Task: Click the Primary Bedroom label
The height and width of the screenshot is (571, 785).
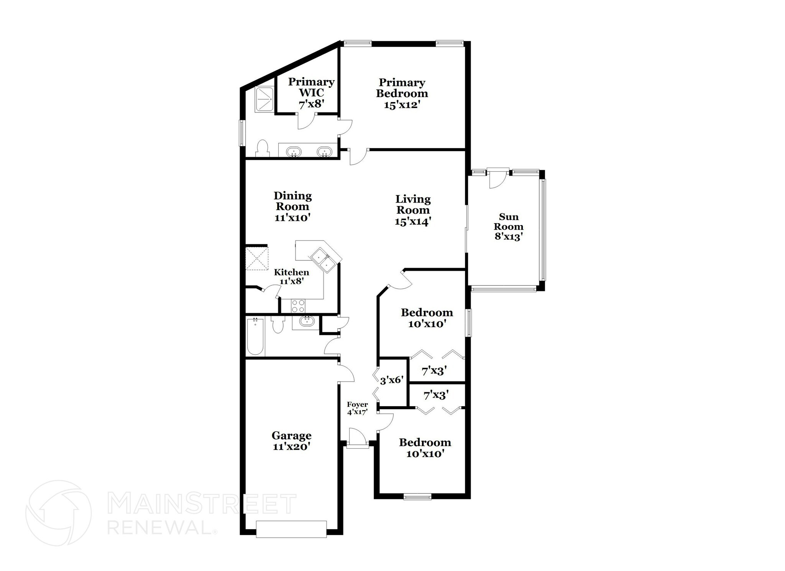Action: [402, 93]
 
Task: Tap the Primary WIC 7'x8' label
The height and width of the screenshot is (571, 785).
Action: [311, 92]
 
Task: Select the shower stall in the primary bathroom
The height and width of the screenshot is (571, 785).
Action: [264, 99]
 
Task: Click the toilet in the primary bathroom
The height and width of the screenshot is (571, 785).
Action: [263, 148]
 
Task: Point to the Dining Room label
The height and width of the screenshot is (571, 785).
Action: [292, 206]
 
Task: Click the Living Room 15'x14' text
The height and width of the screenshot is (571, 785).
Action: [413, 210]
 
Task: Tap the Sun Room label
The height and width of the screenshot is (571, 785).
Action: [509, 227]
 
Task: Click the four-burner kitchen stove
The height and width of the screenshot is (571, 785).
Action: [298, 306]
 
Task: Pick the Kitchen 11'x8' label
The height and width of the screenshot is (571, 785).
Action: [291, 276]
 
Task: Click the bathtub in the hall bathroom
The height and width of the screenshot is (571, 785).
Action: [255, 336]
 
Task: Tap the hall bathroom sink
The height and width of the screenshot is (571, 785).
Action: [305, 322]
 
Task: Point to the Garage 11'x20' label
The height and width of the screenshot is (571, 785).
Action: [291, 441]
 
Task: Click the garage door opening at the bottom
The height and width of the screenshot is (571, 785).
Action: [291, 529]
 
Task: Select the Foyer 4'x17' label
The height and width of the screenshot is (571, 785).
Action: [357, 408]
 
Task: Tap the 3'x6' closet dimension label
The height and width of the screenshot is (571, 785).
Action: [391, 380]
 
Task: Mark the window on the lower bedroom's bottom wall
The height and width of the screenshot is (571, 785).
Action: [417, 497]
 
